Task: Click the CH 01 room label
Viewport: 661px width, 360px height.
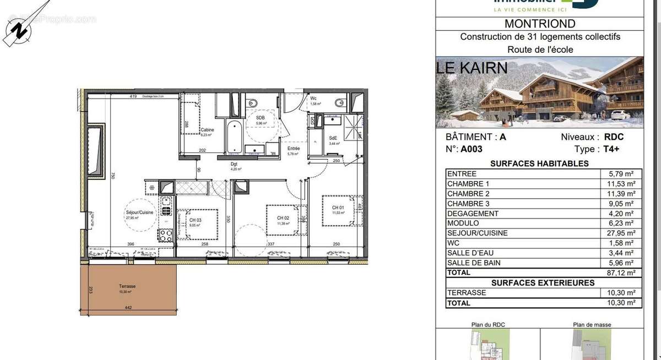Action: (x=338, y=208)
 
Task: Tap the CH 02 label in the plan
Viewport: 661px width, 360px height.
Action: (x=283, y=218)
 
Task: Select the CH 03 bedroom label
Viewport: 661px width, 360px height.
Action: (x=196, y=220)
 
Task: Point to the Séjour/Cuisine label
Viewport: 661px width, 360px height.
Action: (x=139, y=212)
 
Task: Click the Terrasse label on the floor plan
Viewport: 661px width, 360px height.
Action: (x=127, y=286)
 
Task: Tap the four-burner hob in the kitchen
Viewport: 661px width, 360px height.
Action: (x=166, y=236)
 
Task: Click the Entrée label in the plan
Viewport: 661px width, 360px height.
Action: (x=294, y=149)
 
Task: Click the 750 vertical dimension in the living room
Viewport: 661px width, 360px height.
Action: (x=112, y=176)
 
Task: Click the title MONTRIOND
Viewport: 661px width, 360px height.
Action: (x=540, y=24)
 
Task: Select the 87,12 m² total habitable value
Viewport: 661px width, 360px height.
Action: (x=621, y=272)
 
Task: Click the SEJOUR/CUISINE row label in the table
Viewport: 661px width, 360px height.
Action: (x=477, y=233)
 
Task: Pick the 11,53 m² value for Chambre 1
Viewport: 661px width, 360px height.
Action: (x=621, y=184)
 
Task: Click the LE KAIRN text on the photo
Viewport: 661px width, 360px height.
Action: (x=472, y=68)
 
